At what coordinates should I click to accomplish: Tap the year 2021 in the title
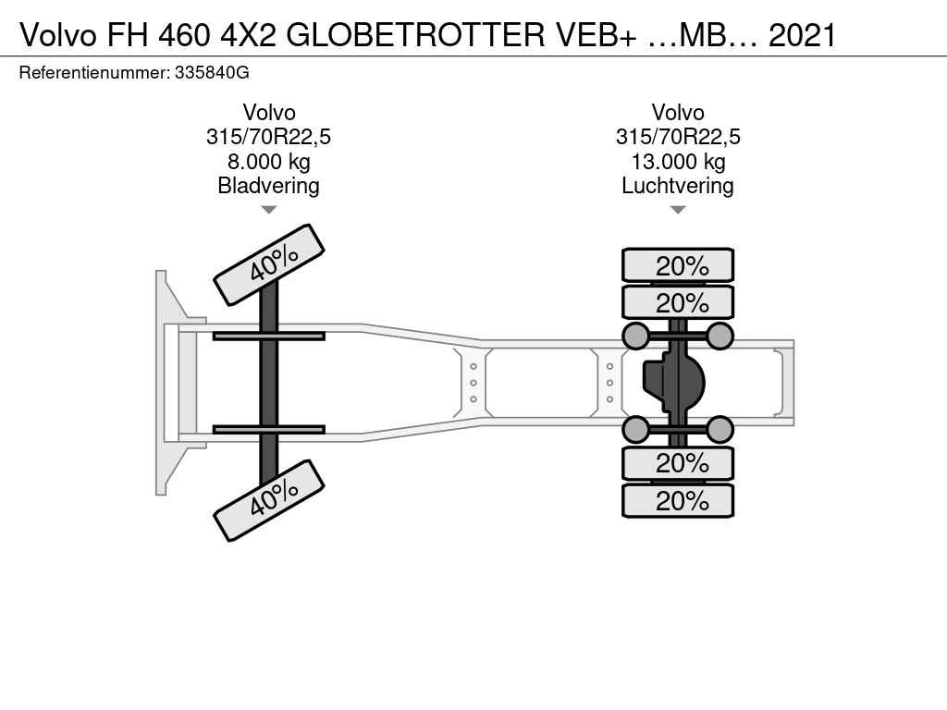click(x=802, y=34)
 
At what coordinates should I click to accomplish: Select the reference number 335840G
click(x=211, y=71)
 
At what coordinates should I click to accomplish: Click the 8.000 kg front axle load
click(x=268, y=162)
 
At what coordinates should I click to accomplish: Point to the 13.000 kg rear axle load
click(x=678, y=162)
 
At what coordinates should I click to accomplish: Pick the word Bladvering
click(x=268, y=186)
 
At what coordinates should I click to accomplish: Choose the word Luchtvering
click(x=678, y=186)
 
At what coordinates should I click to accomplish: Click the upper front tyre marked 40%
click(x=269, y=264)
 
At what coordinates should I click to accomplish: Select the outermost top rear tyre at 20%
click(x=678, y=265)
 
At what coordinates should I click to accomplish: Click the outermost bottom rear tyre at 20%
click(x=678, y=501)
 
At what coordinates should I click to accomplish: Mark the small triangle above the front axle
click(x=268, y=210)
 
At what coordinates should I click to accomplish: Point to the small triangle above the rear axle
click(x=678, y=210)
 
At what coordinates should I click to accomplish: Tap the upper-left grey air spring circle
click(x=635, y=336)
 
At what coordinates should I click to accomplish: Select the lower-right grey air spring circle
click(x=720, y=429)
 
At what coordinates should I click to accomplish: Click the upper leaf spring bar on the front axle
click(x=268, y=336)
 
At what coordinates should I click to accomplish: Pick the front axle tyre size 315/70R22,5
click(x=268, y=138)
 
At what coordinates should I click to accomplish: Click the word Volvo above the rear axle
click(x=678, y=113)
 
